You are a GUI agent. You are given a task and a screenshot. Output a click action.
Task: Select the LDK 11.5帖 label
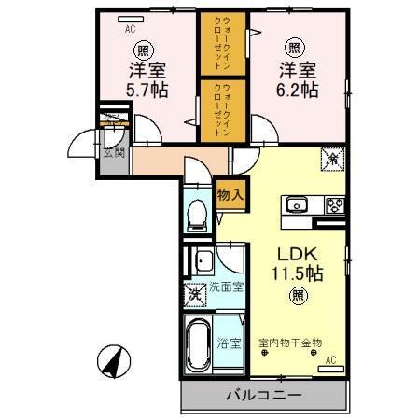(x=296, y=264)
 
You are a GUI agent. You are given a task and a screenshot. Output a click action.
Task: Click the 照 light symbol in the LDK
(x=296, y=298)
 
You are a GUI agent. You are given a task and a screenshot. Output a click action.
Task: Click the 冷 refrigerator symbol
(x=331, y=160)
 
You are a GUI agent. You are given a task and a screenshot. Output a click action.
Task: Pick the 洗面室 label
(x=227, y=287)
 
